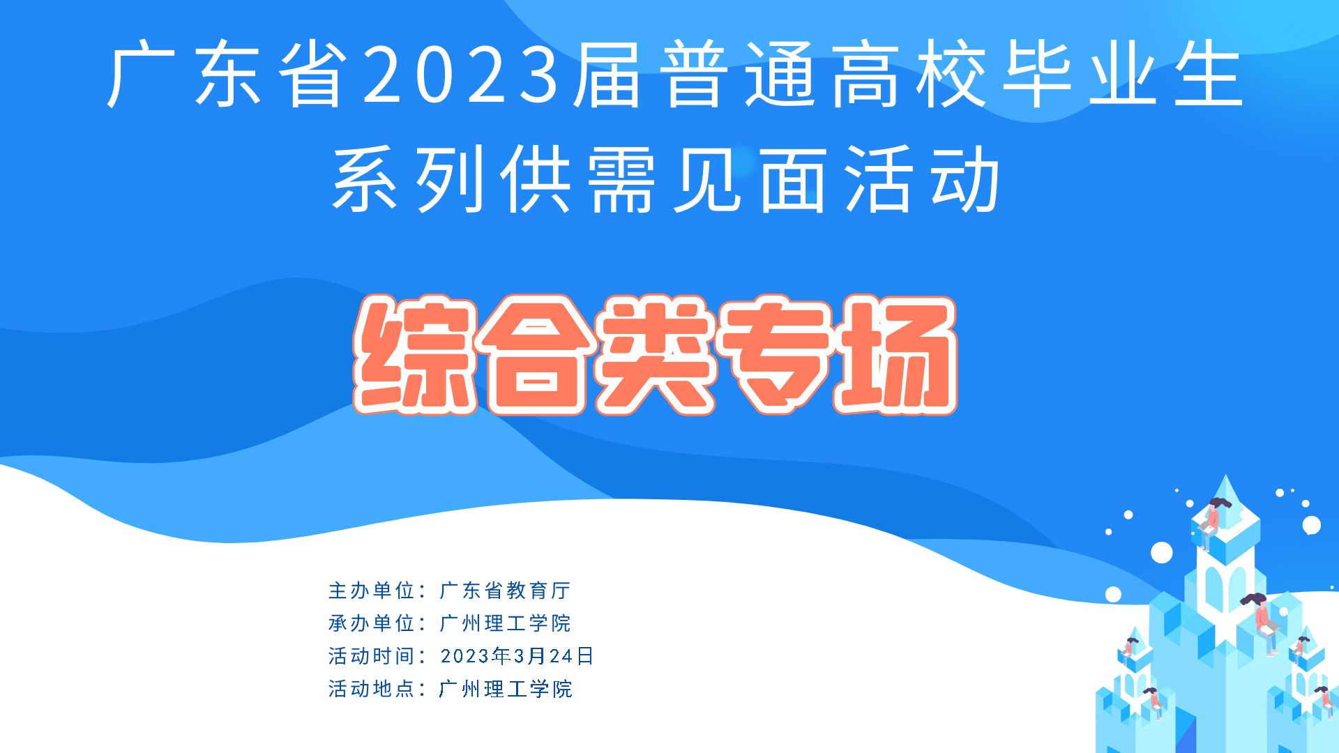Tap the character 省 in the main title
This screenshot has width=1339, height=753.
click(x=315, y=74)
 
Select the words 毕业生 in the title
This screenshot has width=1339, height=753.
click(x=1122, y=74)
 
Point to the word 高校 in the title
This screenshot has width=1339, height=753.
click(x=909, y=74)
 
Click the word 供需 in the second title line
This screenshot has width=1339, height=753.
click(x=578, y=180)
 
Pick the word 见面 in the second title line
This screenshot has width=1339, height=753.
click(x=750, y=180)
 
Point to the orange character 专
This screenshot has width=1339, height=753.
click(x=776, y=355)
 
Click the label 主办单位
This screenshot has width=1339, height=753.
click(x=372, y=591)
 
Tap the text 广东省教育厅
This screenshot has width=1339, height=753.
click(x=505, y=591)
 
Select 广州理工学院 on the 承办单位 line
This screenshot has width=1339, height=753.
click(x=505, y=623)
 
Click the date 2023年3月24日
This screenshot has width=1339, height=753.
click(x=517, y=656)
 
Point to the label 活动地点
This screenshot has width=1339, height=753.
click(x=372, y=689)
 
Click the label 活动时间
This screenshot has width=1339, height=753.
click(x=372, y=656)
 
